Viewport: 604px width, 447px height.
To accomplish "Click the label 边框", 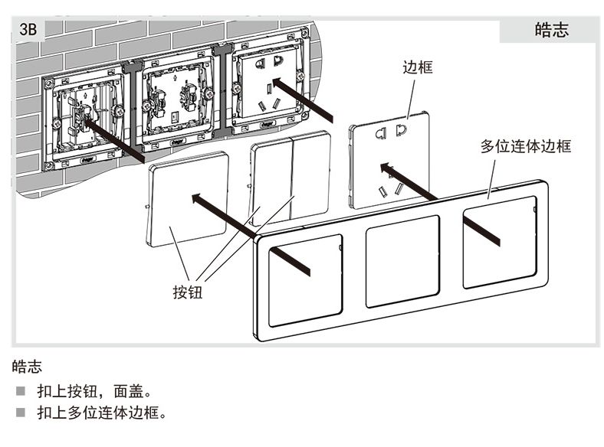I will point(418,67).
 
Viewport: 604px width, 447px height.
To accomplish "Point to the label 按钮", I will point(188,292).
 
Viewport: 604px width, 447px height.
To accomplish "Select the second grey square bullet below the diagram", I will point(19,413).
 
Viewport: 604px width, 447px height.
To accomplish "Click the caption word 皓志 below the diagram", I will point(27,367).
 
